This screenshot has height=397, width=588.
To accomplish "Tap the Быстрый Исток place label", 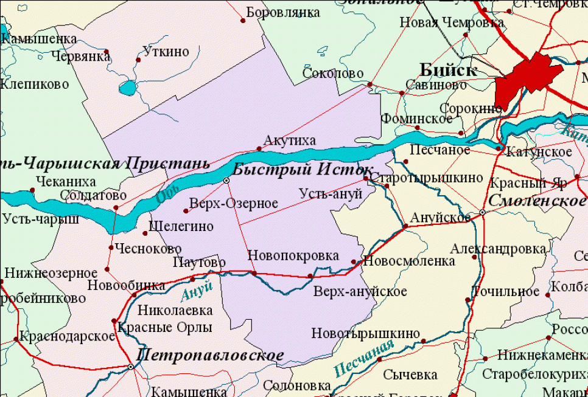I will tap(303, 170).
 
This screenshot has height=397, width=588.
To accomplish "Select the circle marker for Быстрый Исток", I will tap(226, 181).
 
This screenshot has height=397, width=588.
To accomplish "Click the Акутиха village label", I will tap(289, 141).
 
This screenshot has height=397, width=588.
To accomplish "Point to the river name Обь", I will tap(164, 196).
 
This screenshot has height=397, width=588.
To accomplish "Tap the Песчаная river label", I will tap(363, 359).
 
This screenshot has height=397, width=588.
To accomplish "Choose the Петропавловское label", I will tap(210, 355).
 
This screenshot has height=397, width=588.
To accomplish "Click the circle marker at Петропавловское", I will tap(131, 367).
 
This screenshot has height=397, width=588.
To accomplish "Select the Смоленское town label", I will tap(536, 201).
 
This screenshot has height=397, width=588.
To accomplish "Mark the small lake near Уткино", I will tap(128, 89).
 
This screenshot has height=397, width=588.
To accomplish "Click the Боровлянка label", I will tap(283, 12).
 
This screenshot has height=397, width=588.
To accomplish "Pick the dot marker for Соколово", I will tap(369, 85).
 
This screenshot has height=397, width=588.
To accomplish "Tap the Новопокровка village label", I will tap(293, 256).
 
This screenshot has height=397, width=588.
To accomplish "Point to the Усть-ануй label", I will tap(331, 193).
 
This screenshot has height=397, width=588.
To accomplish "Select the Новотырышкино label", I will tap(365, 333).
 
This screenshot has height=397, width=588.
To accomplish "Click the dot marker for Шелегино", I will tap(145, 233).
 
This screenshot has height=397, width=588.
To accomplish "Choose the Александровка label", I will tap(498, 249).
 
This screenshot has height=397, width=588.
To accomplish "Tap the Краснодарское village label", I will tap(67, 336).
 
